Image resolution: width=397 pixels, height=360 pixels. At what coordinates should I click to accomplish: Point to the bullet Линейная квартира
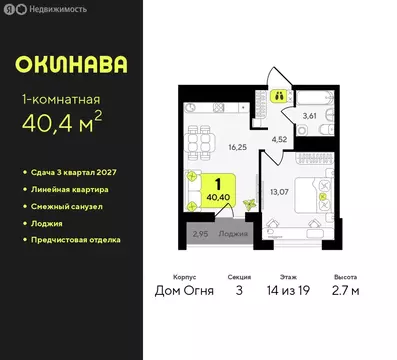point(72,189)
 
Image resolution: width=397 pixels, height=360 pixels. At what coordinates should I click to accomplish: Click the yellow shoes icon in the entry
point(281,97)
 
